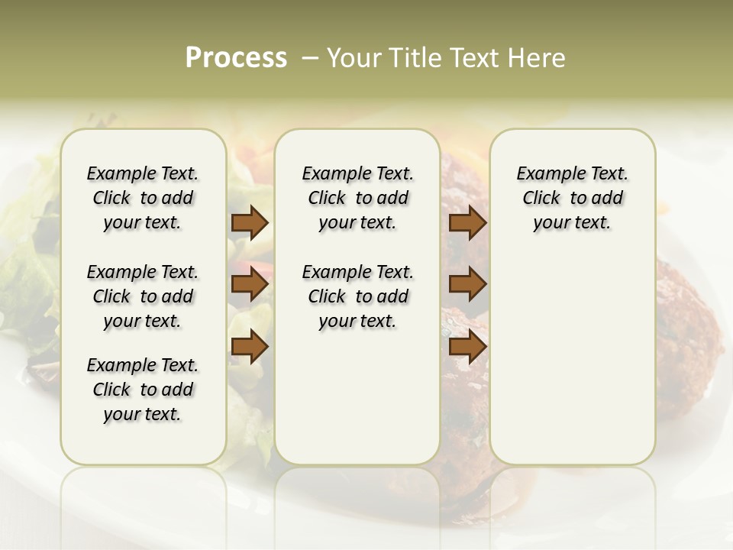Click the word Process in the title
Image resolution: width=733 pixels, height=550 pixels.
point(236,58)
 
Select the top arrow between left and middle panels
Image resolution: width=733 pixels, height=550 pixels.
point(250,223)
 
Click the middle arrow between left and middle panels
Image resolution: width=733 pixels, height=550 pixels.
point(250,285)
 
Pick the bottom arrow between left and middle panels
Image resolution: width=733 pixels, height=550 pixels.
point(250,347)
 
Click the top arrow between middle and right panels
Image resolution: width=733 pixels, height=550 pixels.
point(467,223)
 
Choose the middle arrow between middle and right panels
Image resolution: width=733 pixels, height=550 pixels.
point(467,285)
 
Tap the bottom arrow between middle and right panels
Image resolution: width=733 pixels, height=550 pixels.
point(467,347)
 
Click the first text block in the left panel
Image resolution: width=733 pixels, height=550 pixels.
point(143,198)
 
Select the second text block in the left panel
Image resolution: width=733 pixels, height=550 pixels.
point(143,296)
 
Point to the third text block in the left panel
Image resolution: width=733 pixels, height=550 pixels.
point(143,390)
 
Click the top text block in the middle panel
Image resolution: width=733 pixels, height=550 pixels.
point(357,198)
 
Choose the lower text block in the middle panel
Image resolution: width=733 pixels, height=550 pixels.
point(357,296)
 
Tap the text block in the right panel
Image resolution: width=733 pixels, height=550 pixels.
point(572,198)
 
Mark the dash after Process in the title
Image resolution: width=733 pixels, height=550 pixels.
point(309,58)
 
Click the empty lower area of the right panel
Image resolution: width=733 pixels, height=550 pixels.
point(572,359)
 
